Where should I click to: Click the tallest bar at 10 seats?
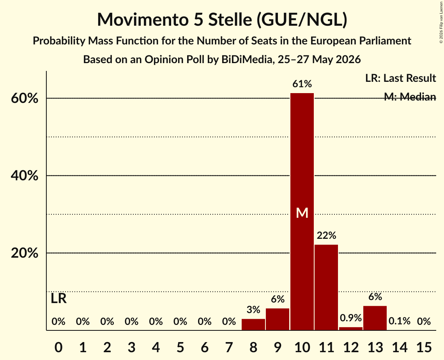click(x=302, y=212)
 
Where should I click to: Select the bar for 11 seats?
click(x=326, y=287)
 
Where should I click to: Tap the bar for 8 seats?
click(x=253, y=324)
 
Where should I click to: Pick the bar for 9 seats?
click(x=278, y=319)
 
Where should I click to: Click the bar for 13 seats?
click(x=375, y=318)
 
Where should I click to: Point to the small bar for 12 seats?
click(x=350, y=328)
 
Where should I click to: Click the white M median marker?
click(x=302, y=213)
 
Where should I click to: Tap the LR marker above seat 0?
click(x=58, y=298)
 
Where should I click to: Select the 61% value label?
click(x=302, y=84)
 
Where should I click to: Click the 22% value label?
click(x=326, y=235)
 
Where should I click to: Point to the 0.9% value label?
click(x=350, y=318)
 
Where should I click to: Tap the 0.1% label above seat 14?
click(x=399, y=321)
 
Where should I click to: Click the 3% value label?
click(x=253, y=310)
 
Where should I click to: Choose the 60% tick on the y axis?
click(x=24, y=99)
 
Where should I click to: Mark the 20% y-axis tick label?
click(x=24, y=253)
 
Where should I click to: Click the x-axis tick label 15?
click(x=424, y=347)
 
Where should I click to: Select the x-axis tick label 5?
click(x=180, y=347)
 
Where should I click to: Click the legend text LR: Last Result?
click(x=400, y=78)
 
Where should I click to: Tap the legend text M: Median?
click(x=410, y=97)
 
